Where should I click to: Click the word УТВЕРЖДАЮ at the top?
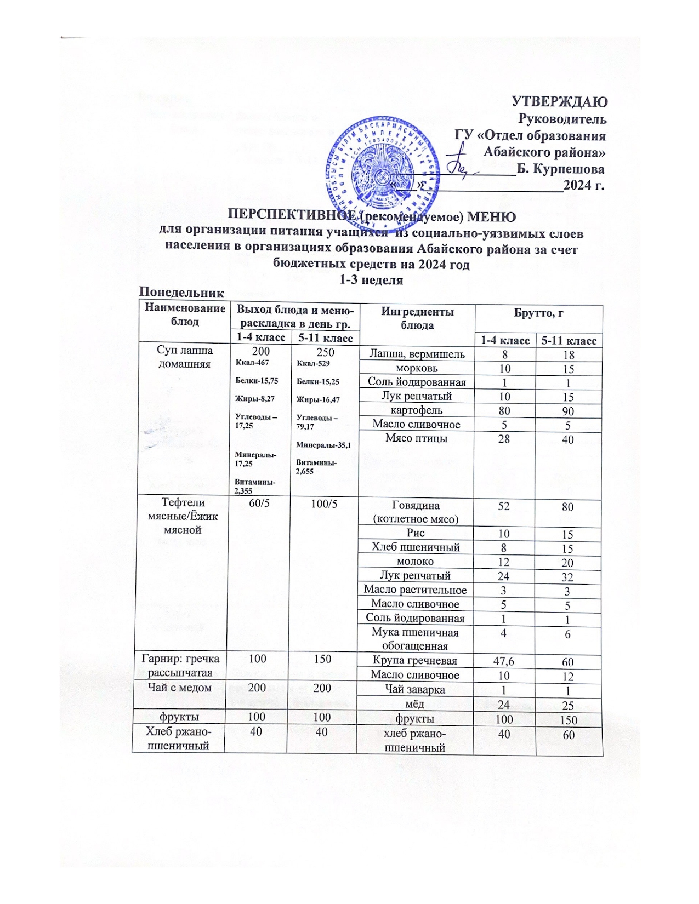[x=559, y=102]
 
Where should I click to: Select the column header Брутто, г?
[x=538, y=313]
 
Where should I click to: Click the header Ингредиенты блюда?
[x=417, y=318]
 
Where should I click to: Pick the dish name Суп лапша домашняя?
[x=184, y=357]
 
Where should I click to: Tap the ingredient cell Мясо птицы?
[x=416, y=438]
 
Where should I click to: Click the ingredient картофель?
[x=416, y=410]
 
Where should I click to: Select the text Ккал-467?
[x=252, y=362]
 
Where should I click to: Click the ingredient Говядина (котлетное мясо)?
[x=416, y=512]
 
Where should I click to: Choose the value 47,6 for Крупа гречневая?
[x=503, y=661]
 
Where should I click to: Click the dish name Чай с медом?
[x=180, y=688]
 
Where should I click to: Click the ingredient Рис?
[x=416, y=533]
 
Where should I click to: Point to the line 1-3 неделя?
[x=371, y=281]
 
